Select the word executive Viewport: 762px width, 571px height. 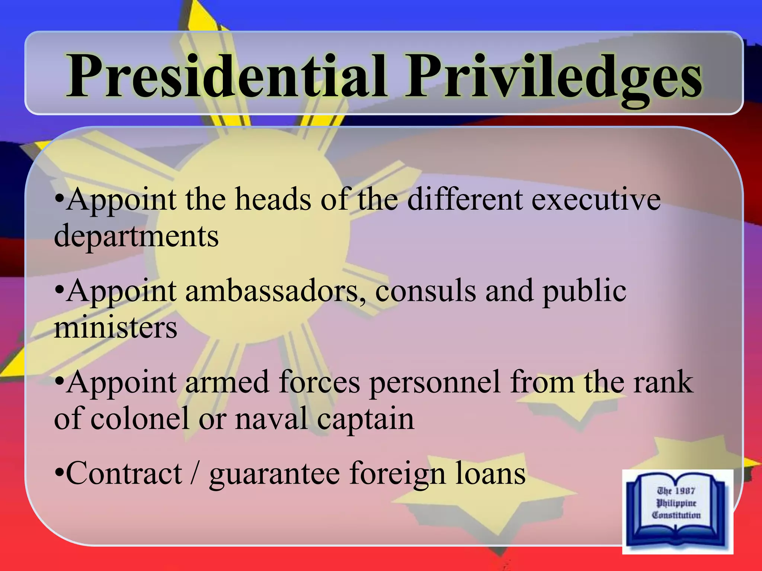click(x=596, y=200)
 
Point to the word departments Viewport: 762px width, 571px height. click(x=136, y=236)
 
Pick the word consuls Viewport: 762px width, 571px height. click(x=425, y=291)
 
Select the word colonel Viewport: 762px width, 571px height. click(x=140, y=419)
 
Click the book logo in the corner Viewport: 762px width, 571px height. click(x=677, y=511)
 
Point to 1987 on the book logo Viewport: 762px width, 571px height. click(x=685, y=491)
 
